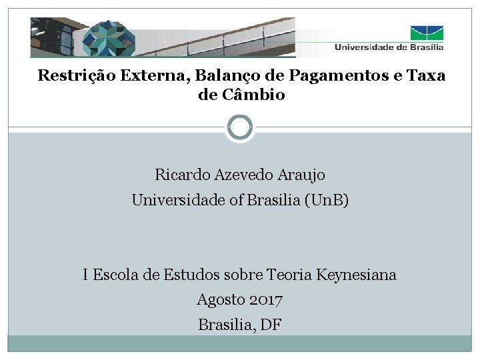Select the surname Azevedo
point(243,175)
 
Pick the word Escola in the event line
point(115,275)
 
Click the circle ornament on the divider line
point(240,127)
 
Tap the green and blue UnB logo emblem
point(427,32)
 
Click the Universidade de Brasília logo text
point(388,47)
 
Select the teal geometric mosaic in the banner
point(110,38)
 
